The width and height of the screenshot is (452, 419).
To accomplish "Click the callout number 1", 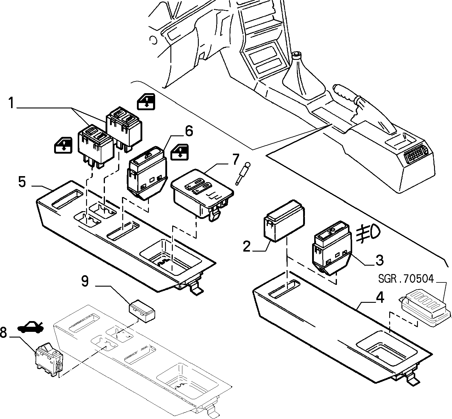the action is [x=12, y=103].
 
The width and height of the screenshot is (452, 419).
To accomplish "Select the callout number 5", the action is [x=22, y=182].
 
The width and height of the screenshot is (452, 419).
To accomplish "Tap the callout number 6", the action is [x=189, y=131].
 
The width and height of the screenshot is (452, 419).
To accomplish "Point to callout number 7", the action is [x=236, y=159].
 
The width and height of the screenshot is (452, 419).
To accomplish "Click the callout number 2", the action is [x=247, y=246].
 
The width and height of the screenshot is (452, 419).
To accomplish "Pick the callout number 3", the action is [x=379, y=260].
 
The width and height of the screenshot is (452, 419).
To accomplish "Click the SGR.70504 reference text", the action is [x=406, y=279].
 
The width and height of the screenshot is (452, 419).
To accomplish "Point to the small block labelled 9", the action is [x=142, y=311].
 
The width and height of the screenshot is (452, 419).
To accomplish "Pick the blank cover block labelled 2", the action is [x=284, y=221].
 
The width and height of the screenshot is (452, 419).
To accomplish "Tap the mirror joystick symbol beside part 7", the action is [x=243, y=173].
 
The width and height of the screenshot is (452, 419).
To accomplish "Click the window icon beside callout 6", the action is [x=180, y=152].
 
